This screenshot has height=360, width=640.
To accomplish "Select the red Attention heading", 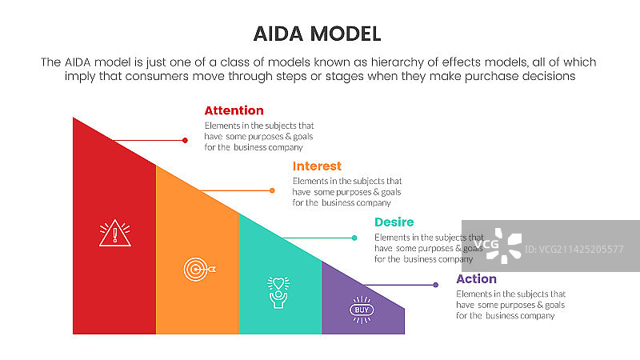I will click(234, 110).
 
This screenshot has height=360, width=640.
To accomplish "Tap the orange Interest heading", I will click(317, 166).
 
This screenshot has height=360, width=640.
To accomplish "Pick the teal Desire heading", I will click(394, 222).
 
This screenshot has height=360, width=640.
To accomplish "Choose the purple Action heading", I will click(476, 279).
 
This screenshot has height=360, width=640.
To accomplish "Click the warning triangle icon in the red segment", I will click(114, 233).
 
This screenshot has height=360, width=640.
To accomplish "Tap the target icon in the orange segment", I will click(197, 269).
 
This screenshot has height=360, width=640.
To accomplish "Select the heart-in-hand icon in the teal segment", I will click(278, 292).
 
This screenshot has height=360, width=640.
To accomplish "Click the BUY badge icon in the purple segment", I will click(362, 309).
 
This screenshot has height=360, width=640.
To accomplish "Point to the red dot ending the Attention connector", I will click(185, 140).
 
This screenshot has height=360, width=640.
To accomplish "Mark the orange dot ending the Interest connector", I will click(272, 190).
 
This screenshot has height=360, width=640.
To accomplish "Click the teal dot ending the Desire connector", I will click(354, 238).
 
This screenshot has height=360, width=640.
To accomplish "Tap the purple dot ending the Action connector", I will click(435, 285).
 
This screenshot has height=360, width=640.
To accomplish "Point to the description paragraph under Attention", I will click(258, 136).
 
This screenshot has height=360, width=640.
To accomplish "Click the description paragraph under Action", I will click(510, 305).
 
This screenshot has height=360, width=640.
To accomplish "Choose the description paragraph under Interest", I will click(346, 192).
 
